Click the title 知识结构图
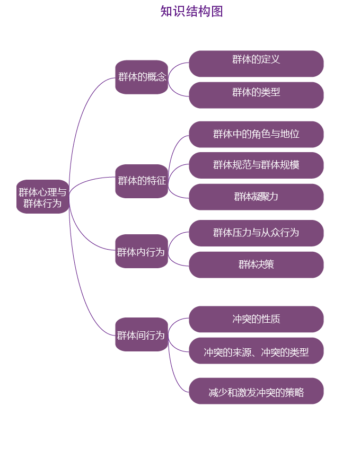pyautogui.click(x=191, y=12)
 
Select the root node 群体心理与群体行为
pyautogui.click(x=42, y=197)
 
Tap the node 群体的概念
pyautogui.click(x=142, y=77)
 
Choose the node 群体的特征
pyautogui.click(x=142, y=181)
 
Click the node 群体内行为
pyautogui.click(x=142, y=251)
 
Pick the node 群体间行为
pyautogui.click(x=142, y=334)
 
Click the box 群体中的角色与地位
pyautogui.click(x=256, y=134)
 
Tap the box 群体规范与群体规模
pyautogui.click(x=256, y=165)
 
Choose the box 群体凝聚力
pyautogui.click(x=256, y=197)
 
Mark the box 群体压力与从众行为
pyautogui.click(x=256, y=233)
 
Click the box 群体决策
pyautogui.click(x=256, y=264)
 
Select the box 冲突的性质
pyautogui.click(x=256, y=319)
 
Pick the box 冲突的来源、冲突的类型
pyautogui.click(x=256, y=351)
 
